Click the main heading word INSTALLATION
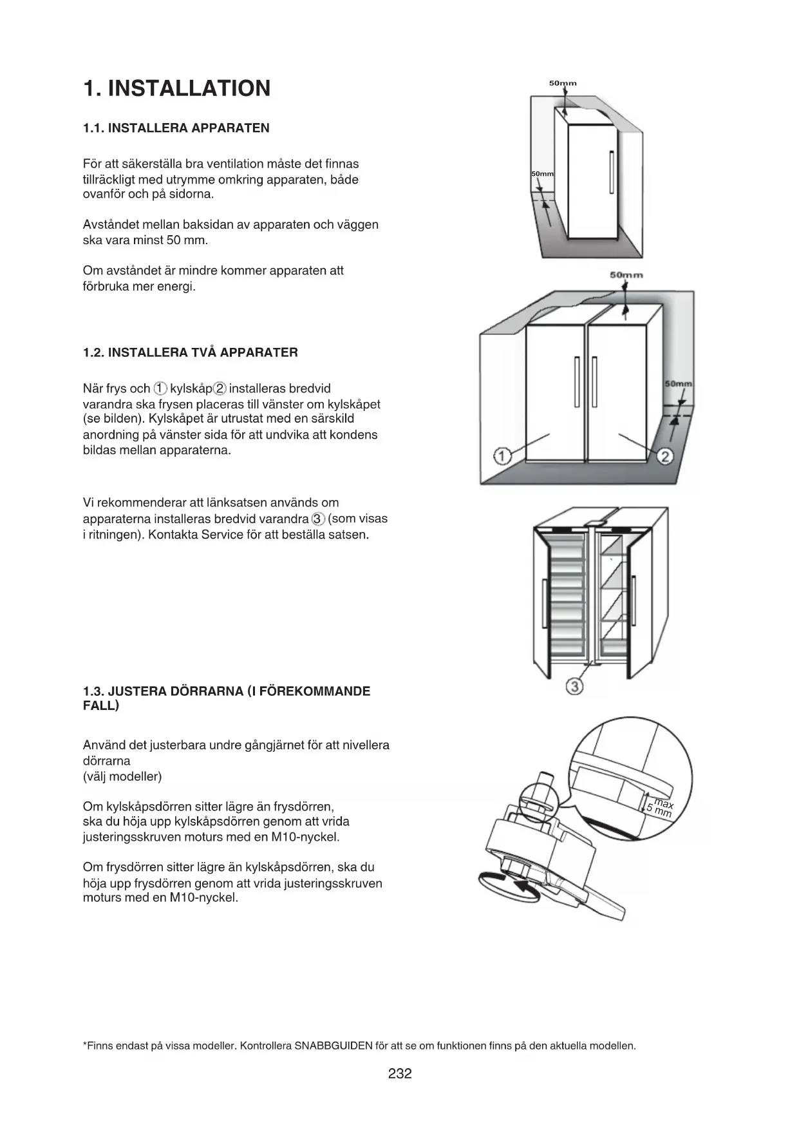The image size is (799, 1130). pyautogui.click(x=189, y=88)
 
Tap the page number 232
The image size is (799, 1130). pyautogui.click(x=400, y=1073)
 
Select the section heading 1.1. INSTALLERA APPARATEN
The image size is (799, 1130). pyautogui.click(x=176, y=128)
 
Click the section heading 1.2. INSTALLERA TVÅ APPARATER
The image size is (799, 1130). pyautogui.click(x=191, y=352)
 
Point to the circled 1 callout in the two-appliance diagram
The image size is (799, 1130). pyautogui.click(x=502, y=456)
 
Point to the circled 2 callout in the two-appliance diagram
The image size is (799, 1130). pyautogui.click(x=666, y=457)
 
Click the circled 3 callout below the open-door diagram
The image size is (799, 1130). pyautogui.click(x=574, y=687)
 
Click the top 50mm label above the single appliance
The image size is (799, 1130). pyautogui.click(x=563, y=83)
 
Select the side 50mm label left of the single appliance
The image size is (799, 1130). pyautogui.click(x=542, y=175)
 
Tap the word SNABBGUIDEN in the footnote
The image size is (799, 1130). pyautogui.click(x=334, y=1046)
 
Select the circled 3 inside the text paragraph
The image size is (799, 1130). pyautogui.click(x=318, y=519)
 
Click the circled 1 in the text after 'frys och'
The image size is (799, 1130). pyautogui.click(x=160, y=388)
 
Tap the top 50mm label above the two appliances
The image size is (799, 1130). pyautogui.click(x=626, y=275)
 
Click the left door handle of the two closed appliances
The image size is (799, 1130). pyautogui.click(x=577, y=381)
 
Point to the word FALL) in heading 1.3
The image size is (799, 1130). pyautogui.click(x=101, y=705)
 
